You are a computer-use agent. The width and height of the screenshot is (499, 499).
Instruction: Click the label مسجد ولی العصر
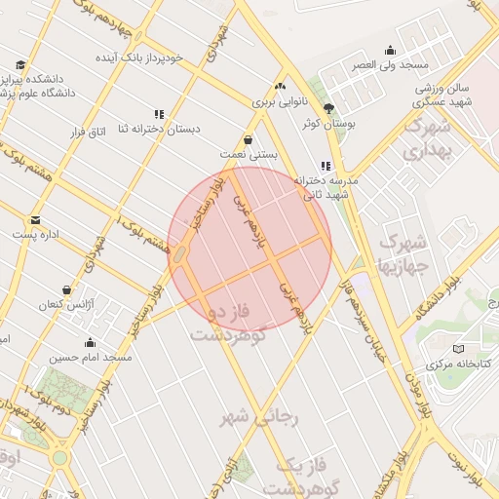click(391, 64)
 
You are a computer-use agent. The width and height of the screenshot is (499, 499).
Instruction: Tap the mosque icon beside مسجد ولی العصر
click(391, 51)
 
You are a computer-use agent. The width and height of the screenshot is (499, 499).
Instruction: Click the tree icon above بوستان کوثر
click(328, 108)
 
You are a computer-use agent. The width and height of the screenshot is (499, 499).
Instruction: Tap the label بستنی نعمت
click(249, 154)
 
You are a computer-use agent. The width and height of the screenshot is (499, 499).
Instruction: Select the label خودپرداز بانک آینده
click(138, 58)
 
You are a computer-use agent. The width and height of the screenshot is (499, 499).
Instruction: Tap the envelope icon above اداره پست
click(36, 219)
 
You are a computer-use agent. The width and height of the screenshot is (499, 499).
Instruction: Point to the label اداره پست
click(37, 235)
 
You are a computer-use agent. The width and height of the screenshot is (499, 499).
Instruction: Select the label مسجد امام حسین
click(90, 358)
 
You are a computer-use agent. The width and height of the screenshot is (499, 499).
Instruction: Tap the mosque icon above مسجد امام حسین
click(91, 343)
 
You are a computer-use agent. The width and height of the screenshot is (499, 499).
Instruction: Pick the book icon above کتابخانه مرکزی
click(459, 348)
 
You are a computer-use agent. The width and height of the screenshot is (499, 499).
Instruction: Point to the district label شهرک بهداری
click(426, 138)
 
